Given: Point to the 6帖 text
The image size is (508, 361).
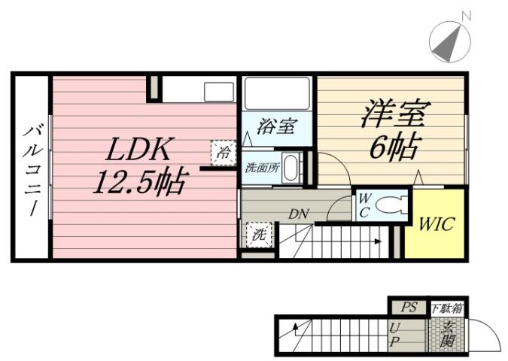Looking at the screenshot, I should coord(394,147).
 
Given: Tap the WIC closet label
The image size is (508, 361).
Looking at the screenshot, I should coord(436,223).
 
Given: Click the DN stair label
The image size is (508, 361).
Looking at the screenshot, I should coord(299,214).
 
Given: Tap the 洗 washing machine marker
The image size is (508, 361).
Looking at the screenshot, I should coord(258,235).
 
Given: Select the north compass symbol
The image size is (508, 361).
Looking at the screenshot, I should coord(449,42).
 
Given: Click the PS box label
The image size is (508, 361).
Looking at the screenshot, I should coord(408,307).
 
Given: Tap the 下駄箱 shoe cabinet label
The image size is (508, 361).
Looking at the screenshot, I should coord(447,308).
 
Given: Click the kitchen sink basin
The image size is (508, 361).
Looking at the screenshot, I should coord(220,92).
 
